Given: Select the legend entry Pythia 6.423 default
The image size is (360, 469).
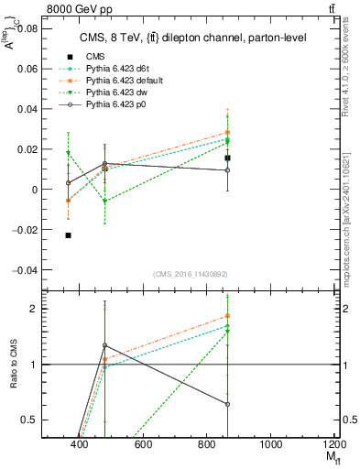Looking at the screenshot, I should pos(125,81).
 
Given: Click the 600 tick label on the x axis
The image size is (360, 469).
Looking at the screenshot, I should pos(143,445).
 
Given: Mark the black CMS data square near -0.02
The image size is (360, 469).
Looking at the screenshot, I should pos(69,235).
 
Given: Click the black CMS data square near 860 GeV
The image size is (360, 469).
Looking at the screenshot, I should pos(227,158).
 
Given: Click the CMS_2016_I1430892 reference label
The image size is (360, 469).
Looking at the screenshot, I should pos(190,274).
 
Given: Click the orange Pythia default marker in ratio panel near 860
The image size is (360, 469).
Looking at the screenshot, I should pos(227,316).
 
